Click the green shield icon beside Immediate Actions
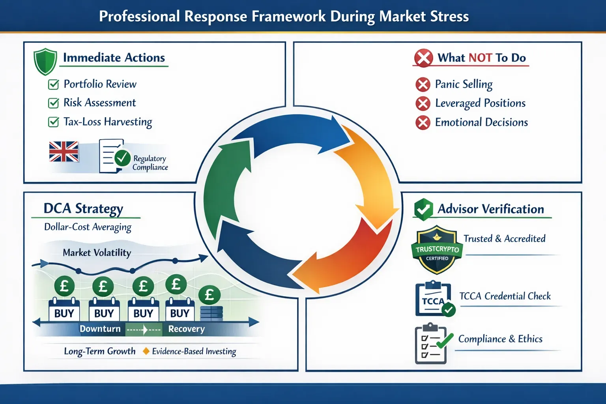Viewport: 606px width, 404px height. pos(45,62)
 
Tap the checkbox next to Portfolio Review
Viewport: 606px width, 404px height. pos(53,84)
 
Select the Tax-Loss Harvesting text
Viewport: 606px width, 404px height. pos(108,122)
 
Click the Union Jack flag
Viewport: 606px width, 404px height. pos(64,151)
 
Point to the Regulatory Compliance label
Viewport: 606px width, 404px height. pos(150,163)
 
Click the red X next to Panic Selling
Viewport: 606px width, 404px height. pos(423,84)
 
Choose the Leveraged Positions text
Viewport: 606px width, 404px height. pos(480,103)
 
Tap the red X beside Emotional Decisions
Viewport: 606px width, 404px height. pos(423,123)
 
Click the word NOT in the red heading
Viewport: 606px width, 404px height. pos(480,58)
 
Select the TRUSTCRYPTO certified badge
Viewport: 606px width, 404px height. pos(437,250)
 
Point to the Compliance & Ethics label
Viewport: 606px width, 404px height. pos(500,339)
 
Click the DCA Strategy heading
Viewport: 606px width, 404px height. pos(83,208)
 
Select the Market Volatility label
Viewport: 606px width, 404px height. pos(97,252)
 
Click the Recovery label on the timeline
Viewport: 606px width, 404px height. pos(186,329)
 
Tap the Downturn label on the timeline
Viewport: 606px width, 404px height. pos(100,329)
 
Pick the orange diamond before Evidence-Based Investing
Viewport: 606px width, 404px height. pos(146,351)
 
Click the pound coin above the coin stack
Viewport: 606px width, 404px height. pos(209,295)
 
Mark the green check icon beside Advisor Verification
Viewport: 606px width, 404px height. pos(423,209)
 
